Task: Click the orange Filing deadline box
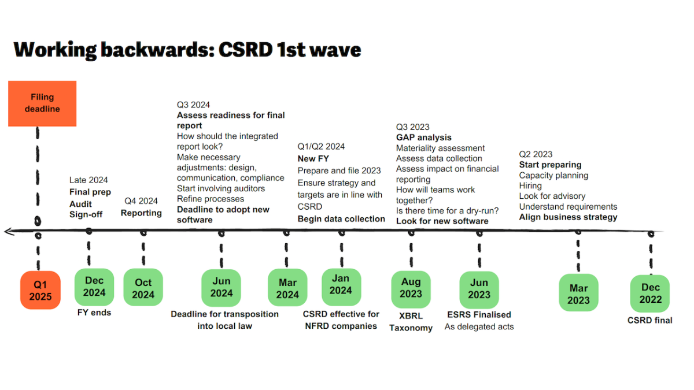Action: [x=42, y=103]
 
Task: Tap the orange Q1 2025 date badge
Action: [x=40, y=290]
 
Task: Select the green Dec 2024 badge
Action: [x=94, y=287]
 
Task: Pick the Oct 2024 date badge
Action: [x=143, y=288]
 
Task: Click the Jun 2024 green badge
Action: [x=221, y=288]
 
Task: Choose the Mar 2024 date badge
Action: [x=287, y=288]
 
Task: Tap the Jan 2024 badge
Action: [x=341, y=287]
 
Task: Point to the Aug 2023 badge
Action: [x=411, y=289]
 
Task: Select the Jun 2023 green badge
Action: [x=479, y=290]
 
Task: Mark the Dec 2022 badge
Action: [x=650, y=294]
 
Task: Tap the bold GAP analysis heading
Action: [x=423, y=138]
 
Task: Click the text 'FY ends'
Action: [x=94, y=313]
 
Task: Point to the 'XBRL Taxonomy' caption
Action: [x=411, y=322]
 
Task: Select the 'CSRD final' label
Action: [x=649, y=320]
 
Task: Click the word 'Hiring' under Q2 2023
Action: [x=530, y=186]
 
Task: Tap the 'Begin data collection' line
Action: [x=341, y=219]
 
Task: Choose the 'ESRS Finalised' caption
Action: [x=479, y=315]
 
